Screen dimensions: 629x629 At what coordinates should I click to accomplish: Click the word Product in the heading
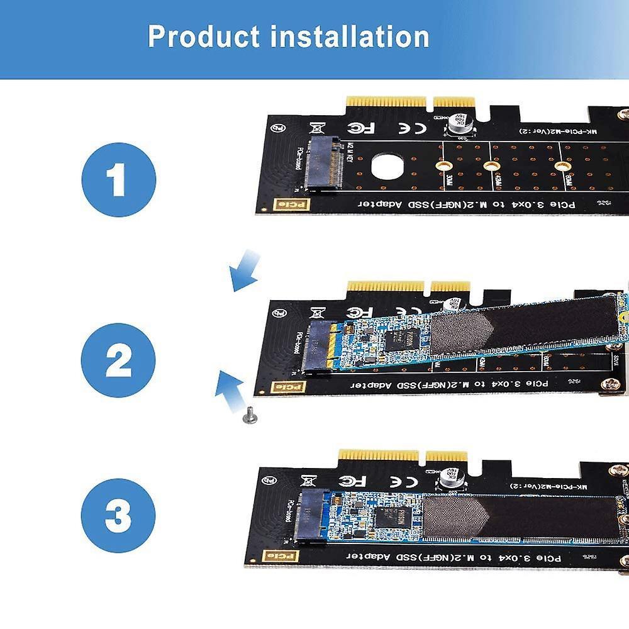[x=203, y=37]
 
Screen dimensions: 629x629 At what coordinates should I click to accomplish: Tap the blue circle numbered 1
[x=118, y=179]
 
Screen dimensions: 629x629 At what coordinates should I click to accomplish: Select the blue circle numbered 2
[x=118, y=360]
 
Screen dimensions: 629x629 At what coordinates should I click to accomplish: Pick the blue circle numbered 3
[x=118, y=515]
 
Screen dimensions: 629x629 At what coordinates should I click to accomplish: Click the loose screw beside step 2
[x=250, y=415]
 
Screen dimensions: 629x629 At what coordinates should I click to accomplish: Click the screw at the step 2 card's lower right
[x=610, y=383]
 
